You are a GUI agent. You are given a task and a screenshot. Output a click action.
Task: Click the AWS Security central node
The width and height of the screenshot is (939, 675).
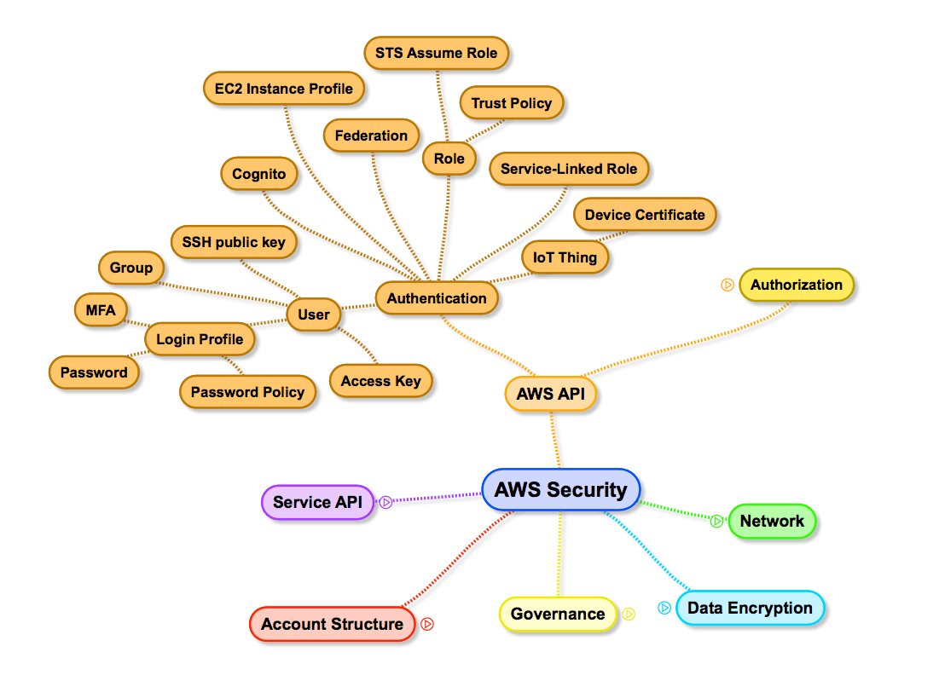point(560,490)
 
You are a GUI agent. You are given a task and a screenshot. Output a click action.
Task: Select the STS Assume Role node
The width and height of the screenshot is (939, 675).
point(437,53)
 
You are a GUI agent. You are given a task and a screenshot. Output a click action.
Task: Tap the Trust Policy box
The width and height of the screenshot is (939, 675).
point(512,103)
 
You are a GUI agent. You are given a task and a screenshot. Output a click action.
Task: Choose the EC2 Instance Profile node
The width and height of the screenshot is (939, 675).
point(284,89)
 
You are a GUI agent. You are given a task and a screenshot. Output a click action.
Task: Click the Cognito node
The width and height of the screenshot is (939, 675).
point(259,174)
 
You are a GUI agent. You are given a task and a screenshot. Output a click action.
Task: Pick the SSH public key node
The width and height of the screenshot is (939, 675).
point(234,242)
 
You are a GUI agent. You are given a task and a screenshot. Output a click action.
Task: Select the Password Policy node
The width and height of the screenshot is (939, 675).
point(247,392)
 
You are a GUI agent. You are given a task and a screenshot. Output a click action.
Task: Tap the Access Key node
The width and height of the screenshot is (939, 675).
point(381,381)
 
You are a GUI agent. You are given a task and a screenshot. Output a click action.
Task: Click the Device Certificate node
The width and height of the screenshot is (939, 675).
point(645,215)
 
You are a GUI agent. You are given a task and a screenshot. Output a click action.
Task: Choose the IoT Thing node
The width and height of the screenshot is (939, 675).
point(565,257)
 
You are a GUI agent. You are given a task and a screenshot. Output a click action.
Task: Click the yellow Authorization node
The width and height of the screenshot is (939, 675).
point(797,286)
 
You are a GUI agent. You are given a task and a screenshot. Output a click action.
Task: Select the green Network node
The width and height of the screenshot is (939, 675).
point(772,522)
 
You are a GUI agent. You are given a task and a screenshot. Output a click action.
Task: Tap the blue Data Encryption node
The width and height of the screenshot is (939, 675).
point(750,609)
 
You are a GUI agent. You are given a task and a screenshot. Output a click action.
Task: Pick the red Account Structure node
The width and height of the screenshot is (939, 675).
point(332,624)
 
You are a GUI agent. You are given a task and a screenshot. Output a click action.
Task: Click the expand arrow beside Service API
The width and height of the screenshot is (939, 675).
point(385,503)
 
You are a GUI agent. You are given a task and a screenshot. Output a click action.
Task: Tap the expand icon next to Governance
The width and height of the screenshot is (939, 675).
point(629,614)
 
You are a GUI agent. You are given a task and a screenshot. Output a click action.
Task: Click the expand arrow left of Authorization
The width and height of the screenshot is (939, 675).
point(727,286)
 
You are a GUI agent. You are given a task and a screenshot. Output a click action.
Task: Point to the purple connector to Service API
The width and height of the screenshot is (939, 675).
point(435,498)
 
